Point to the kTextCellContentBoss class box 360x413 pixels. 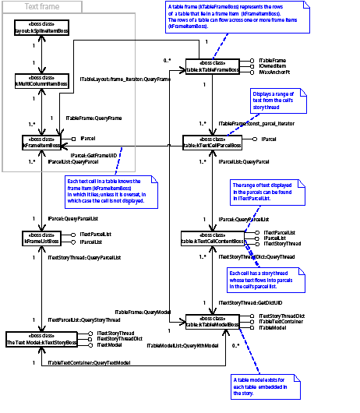(x=214, y=238)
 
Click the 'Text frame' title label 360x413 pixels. (x=42, y=7)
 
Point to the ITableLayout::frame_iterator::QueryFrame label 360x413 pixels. (x=125, y=79)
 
